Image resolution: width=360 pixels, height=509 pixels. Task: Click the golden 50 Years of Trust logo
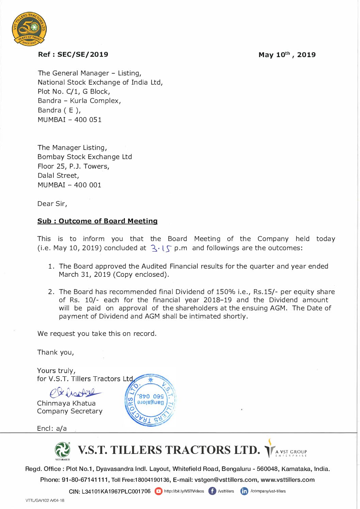29,29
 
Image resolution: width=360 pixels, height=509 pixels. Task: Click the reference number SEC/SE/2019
83,54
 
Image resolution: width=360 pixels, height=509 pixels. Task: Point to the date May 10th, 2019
287,55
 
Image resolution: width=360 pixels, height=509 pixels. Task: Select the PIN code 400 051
88,120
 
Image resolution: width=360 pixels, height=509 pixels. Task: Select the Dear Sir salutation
52,204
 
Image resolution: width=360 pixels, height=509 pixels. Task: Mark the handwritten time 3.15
161,249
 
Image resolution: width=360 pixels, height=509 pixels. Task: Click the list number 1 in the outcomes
51,266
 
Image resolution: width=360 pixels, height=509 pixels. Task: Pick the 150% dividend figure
225,292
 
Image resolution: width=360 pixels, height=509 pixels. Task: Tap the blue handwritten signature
75,393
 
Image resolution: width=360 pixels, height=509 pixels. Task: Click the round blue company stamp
150,400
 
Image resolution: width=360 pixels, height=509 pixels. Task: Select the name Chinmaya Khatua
66,403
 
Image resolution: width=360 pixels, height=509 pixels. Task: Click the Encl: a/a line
52,428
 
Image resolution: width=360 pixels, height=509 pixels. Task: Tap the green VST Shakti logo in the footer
62,450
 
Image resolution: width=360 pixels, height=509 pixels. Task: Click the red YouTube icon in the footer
158,491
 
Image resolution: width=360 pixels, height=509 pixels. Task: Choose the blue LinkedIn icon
244,491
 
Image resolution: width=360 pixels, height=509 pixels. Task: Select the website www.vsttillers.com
288,480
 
